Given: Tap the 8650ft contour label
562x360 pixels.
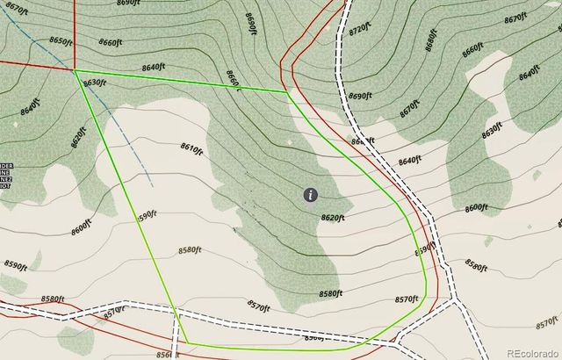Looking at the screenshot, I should click(x=61, y=40).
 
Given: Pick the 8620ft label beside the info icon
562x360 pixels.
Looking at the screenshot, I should click(x=335, y=217).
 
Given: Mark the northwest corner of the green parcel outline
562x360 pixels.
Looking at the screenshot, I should click(x=75, y=70).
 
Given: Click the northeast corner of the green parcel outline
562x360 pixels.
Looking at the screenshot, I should click(x=287, y=91).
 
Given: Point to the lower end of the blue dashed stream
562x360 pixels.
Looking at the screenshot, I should click(x=153, y=185).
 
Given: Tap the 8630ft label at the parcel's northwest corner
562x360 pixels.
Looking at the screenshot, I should click(x=94, y=83).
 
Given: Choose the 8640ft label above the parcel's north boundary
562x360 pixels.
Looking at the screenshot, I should click(x=153, y=67).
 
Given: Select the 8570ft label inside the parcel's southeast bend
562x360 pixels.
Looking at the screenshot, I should click(x=406, y=299).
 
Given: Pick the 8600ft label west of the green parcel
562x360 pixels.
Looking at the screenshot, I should click(x=80, y=228).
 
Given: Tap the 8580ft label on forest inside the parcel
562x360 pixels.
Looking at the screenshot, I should click(x=330, y=292).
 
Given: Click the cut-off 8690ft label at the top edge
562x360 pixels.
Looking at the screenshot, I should click(x=128, y=4).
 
